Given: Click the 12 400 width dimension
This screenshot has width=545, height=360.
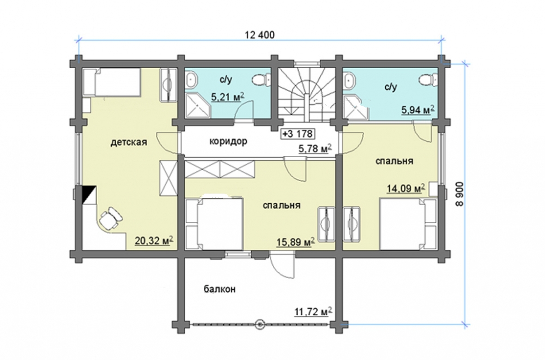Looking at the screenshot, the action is pyautogui.click(x=259, y=35).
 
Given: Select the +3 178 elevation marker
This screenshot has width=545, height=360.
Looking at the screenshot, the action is pyautogui.click(x=298, y=134).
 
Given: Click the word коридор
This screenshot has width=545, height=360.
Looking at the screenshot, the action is pyautogui.click(x=228, y=141).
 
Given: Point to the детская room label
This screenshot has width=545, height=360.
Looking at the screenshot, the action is pyautogui.click(x=129, y=142).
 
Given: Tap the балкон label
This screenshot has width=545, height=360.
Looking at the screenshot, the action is pyautogui.click(x=220, y=289).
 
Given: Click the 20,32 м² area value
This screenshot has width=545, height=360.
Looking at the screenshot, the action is pyautogui.click(x=154, y=241).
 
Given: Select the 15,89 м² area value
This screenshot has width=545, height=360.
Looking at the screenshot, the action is pyautogui.click(x=296, y=242).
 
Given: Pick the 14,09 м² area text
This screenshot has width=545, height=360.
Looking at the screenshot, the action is pyautogui.click(x=407, y=188).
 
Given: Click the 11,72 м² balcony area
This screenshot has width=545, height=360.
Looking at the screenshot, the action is pyautogui.click(x=313, y=311).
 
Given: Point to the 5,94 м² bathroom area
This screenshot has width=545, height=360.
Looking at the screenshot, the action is pyautogui.click(x=418, y=110).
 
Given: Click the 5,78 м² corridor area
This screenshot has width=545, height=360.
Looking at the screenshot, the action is pyautogui.click(x=315, y=148).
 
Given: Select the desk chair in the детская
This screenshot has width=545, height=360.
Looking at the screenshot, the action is pyautogui.click(x=111, y=218).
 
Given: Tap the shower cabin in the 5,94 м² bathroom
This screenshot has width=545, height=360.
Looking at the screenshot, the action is pyautogui.click(x=355, y=108).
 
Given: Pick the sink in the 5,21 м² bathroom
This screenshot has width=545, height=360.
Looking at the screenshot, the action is pyautogui.click(x=191, y=80).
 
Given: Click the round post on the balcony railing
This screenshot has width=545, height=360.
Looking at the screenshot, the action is pyautogui.click(x=259, y=324).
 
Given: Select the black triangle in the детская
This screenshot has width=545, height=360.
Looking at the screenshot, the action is pyautogui.click(x=88, y=194).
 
